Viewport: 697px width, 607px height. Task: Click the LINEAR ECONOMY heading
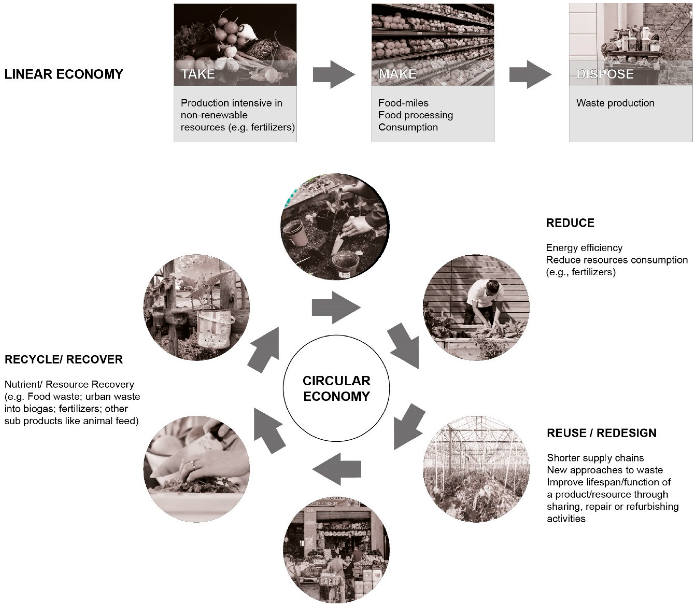coord(64,74)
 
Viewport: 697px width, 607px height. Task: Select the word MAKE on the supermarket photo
coord(397,74)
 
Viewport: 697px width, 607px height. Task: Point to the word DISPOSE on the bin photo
coord(605,74)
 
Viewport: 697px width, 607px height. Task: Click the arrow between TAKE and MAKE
coord(334,75)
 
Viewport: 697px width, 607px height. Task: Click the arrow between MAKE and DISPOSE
coord(530,75)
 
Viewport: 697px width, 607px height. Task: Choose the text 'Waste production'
coord(615,103)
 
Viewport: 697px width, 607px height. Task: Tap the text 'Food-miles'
coord(403,103)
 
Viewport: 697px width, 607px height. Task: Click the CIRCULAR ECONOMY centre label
coord(336,388)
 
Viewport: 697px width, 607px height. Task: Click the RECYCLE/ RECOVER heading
coord(64,359)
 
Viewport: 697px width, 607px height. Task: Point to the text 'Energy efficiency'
coord(584,248)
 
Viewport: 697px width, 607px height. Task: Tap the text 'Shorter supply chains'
coord(595,458)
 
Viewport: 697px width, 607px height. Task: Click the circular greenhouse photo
coord(476,469)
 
